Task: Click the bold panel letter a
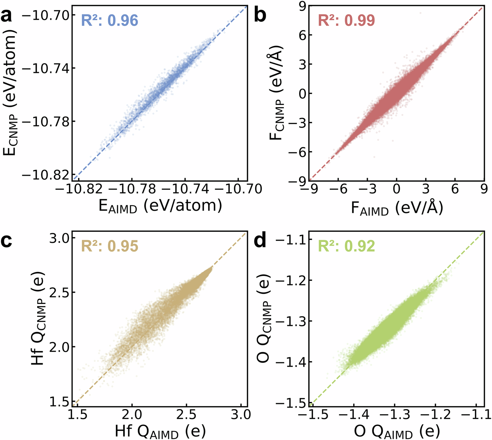click(x=9, y=16)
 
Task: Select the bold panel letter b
click(x=260, y=16)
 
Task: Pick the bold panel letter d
click(x=260, y=241)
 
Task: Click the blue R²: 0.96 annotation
click(x=110, y=20)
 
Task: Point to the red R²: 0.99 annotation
click(x=347, y=20)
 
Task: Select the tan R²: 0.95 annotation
click(x=110, y=246)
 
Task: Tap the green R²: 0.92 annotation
click(x=347, y=246)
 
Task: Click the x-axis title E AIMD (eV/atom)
click(x=160, y=206)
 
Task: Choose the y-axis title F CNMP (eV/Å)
click(x=279, y=93)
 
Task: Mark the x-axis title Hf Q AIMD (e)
click(x=160, y=432)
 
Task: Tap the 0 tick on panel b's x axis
click(x=397, y=189)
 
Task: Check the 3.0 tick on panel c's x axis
click(x=241, y=415)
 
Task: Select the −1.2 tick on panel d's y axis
click(x=288, y=280)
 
